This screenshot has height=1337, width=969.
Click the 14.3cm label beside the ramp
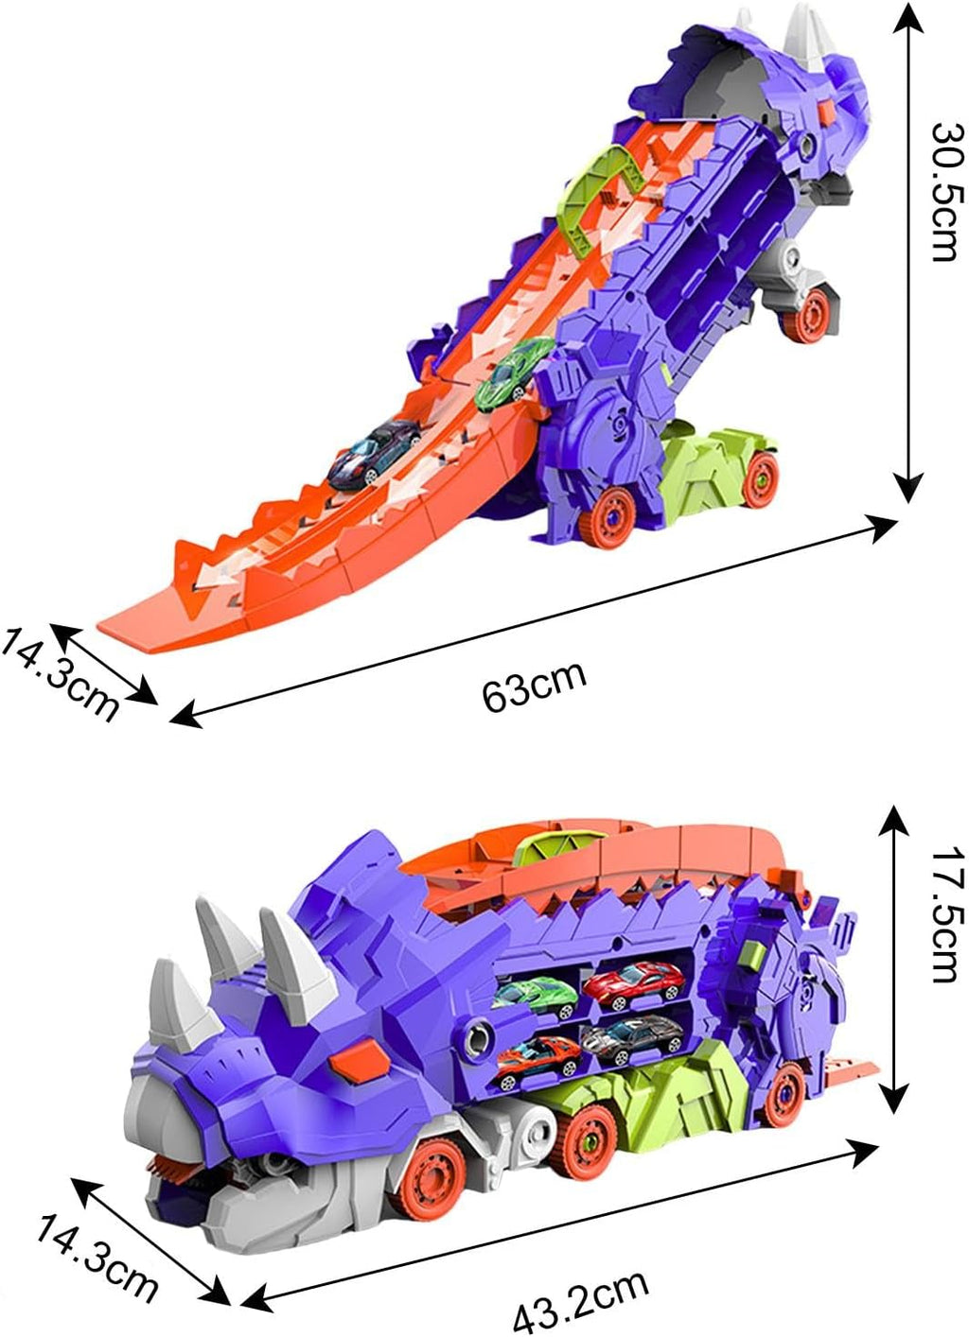[x=60, y=672]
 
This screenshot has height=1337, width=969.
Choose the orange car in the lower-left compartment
[x=537, y=1055]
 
